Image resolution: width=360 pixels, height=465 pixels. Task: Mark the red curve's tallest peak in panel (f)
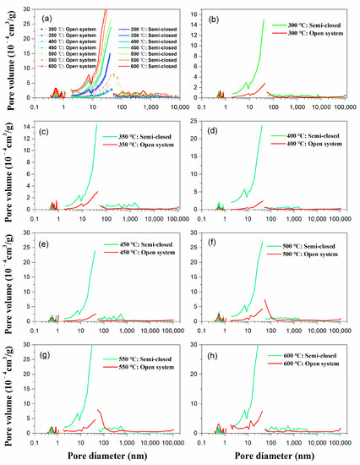266,299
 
